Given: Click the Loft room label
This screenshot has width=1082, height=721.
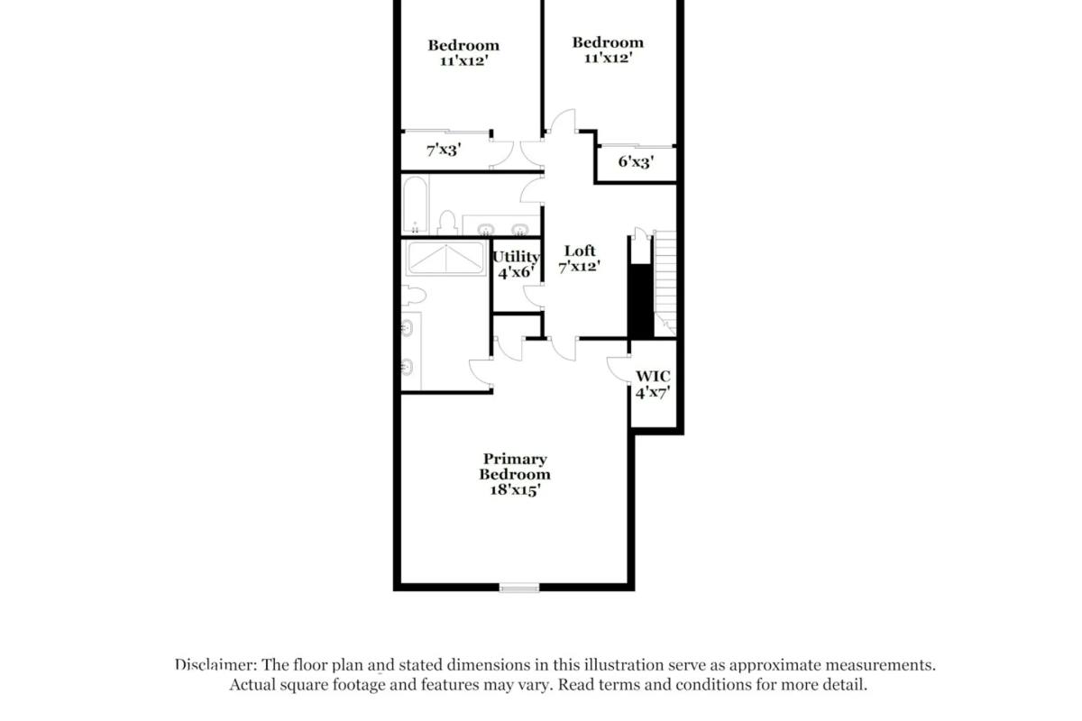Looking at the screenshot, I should (x=580, y=251).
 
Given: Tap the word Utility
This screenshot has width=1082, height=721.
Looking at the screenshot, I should (x=516, y=257).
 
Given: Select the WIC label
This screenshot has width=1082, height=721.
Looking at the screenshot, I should (x=653, y=376).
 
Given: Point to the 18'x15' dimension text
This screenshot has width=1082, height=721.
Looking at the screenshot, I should (x=515, y=490).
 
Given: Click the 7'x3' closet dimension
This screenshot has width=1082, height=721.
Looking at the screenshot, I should (x=444, y=150).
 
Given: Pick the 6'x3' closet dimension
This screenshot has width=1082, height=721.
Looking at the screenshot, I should (x=635, y=162).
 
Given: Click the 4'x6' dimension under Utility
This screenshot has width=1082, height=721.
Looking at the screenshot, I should (x=516, y=271).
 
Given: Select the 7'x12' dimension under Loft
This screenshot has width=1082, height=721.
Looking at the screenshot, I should (x=580, y=267).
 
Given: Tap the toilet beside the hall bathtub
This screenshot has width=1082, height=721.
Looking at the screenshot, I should (x=446, y=221).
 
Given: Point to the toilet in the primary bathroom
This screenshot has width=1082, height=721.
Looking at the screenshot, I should (x=412, y=295).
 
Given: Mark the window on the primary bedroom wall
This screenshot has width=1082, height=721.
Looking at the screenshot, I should (x=519, y=589).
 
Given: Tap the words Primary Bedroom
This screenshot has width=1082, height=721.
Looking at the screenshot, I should (x=515, y=467).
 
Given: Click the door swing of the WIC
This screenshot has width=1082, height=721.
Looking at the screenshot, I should (x=619, y=370).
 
